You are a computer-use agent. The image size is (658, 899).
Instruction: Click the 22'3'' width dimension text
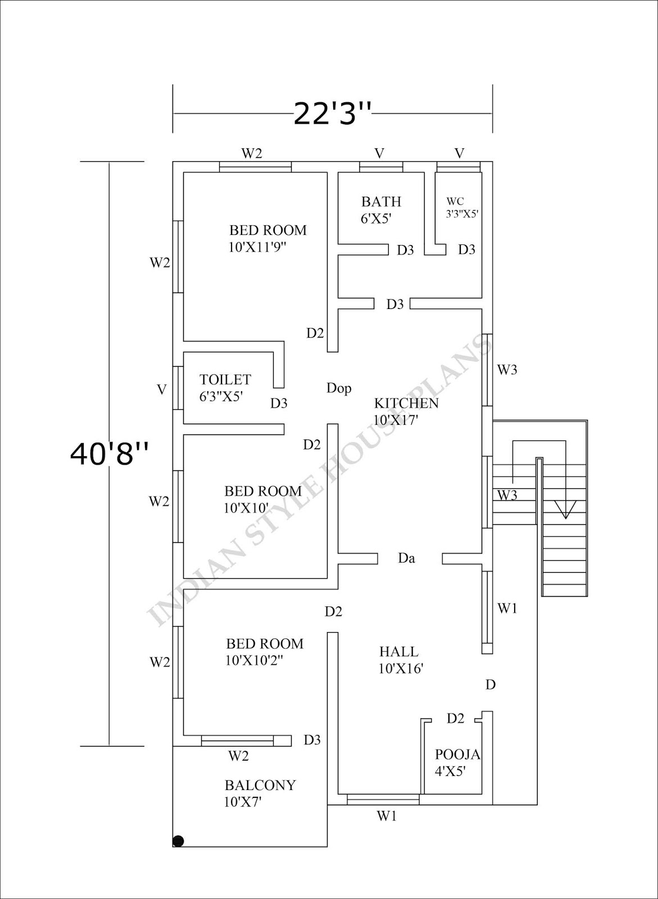tap(332, 114)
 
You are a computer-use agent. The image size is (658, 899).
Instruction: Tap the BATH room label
tap(381, 202)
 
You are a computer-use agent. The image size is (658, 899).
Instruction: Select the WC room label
tap(455, 202)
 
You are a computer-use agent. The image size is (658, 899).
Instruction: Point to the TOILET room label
tap(225, 380)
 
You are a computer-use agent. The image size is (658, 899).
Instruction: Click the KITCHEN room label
tap(406, 403)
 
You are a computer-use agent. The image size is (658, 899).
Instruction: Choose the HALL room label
tap(399, 652)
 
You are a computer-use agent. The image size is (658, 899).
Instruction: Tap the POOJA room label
tap(457, 755)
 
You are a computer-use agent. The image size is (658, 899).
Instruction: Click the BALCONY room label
tap(260, 786)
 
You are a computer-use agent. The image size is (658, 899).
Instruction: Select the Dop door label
tap(339, 388)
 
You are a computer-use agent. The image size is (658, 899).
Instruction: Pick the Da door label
tap(406, 559)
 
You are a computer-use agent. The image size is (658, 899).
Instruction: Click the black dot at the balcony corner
tap(179, 841)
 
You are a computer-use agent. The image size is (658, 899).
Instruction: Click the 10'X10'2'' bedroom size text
tap(254, 661)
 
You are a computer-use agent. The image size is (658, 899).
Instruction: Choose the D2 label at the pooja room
tap(456, 718)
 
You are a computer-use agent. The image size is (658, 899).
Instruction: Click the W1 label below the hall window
tap(387, 816)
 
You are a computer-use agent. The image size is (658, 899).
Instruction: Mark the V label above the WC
tap(460, 153)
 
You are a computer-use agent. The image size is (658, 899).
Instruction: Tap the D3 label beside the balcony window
tap(312, 740)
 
